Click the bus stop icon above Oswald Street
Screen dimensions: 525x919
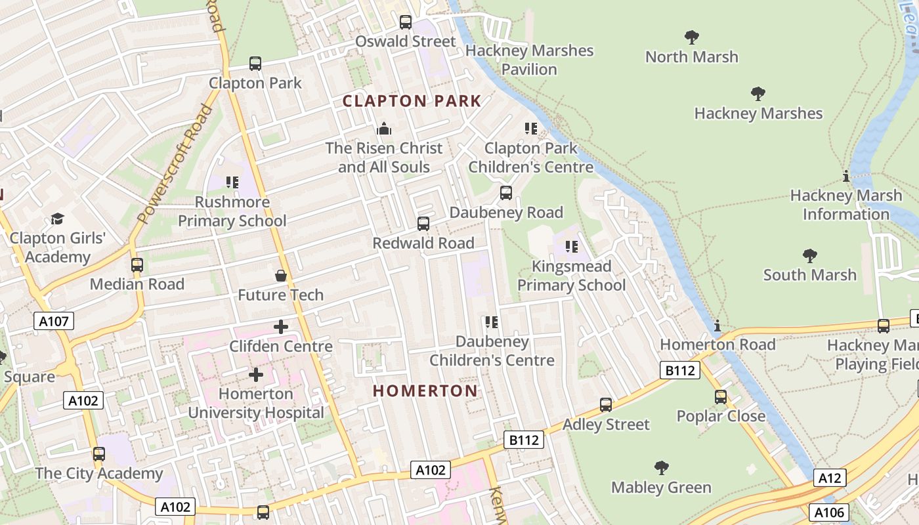[406, 22]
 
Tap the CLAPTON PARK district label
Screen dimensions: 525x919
[412, 101]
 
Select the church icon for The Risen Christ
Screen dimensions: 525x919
[384, 129]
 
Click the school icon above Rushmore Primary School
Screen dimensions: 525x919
[232, 182]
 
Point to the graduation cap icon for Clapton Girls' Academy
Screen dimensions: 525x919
[58, 219]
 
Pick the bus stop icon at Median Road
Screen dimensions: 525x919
[137, 265]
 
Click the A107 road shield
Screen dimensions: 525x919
[54, 321]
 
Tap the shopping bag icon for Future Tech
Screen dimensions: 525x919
[281, 276]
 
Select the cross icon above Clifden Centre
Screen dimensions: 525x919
[281, 327]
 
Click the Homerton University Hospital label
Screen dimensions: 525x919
[256, 403]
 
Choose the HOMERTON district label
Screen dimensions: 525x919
[425, 391]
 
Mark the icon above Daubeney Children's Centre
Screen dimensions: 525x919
[492, 322]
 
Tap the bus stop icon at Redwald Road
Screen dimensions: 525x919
[423, 224]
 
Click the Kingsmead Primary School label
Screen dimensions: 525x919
[571, 276]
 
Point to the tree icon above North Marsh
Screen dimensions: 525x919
[691, 37]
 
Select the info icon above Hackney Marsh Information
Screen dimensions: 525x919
[846, 176]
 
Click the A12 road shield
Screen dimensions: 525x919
[829, 478]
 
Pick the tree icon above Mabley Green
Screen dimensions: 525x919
[662, 468]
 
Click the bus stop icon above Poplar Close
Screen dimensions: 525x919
[721, 397]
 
